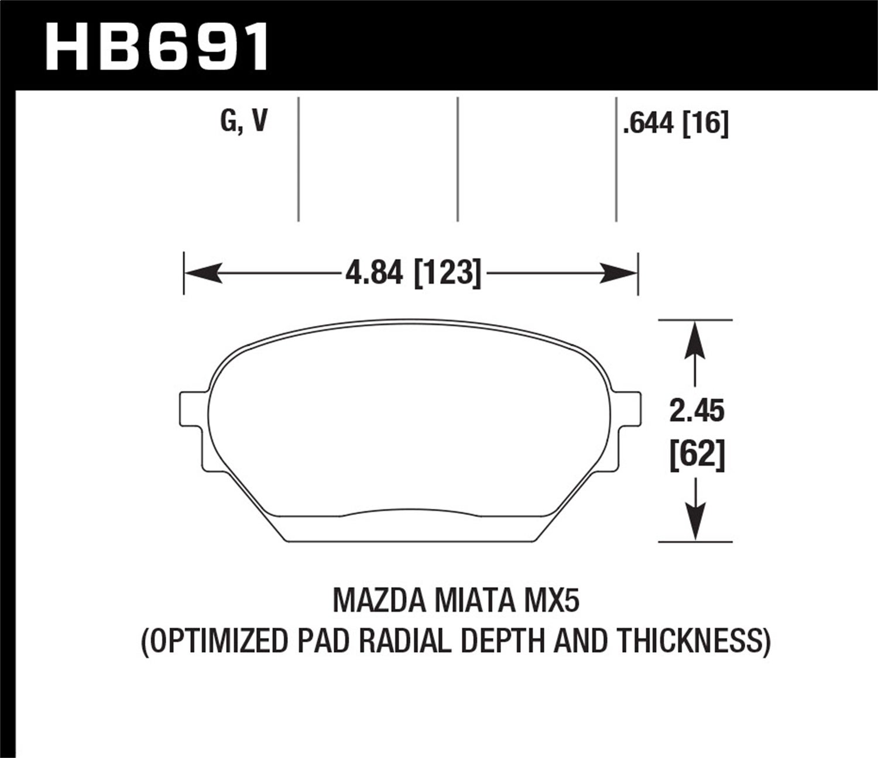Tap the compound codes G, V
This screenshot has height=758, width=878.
pyautogui.click(x=243, y=121)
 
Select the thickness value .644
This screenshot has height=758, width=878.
pyautogui.click(x=650, y=123)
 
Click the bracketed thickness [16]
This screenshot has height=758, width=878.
pyautogui.click(x=706, y=123)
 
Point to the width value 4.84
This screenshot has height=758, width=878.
pyautogui.click(x=374, y=273)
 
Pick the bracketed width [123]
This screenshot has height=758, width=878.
pyautogui.click(x=448, y=273)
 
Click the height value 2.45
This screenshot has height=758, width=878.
pyautogui.click(x=697, y=411)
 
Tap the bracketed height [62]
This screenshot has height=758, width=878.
pyautogui.click(x=697, y=454)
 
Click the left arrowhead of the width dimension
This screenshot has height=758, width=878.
pyautogui.click(x=203, y=273)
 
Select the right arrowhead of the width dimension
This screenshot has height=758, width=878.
pyautogui.click(x=618, y=273)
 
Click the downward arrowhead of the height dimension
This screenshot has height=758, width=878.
pyautogui.click(x=695, y=523)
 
